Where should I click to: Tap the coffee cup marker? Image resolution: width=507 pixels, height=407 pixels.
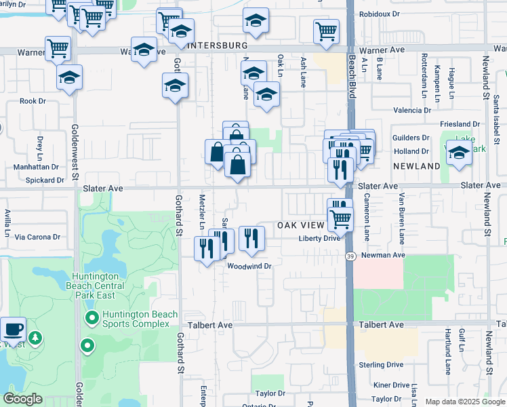(13, 330)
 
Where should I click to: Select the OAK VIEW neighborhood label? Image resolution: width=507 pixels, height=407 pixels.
(302, 225)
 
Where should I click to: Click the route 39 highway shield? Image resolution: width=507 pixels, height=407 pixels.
(350, 256)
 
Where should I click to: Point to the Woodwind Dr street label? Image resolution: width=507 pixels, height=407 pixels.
(249, 267)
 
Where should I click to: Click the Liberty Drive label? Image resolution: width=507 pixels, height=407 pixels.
(319, 238)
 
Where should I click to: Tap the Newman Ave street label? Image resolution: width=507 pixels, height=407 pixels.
(382, 255)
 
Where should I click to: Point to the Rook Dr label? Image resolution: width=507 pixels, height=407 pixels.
(33, 101)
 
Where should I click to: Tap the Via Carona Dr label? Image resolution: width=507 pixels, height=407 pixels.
(38, 237)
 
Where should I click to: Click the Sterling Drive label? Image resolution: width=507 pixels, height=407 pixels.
(382, 365)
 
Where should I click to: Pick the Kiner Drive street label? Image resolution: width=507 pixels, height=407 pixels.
(391, 385)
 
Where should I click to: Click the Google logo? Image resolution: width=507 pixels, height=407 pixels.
(22, 400)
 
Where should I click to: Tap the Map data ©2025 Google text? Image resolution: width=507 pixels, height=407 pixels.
(465, 402)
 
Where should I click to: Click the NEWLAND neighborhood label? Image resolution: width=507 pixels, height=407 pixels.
(417, 166)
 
